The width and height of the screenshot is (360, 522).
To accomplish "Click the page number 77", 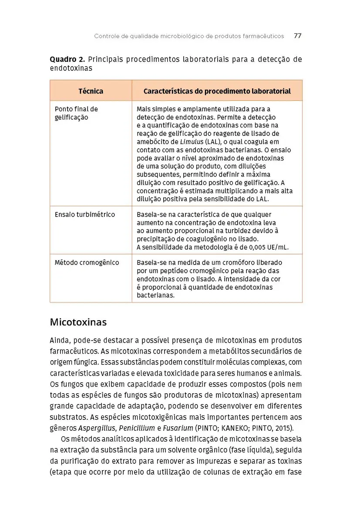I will [298, 36].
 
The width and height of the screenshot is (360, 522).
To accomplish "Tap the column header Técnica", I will [91, 91].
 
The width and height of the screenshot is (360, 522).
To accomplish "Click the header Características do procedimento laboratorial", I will [217, 91].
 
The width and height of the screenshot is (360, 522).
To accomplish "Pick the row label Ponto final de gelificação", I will [76, 113].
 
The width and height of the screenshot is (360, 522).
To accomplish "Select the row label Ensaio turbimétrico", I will [85, 214].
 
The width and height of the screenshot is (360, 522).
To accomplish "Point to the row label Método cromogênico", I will [87, 263].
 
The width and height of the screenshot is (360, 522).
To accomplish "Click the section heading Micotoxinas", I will [78, 322].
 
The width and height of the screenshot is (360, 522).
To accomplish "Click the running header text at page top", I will [189, 36].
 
